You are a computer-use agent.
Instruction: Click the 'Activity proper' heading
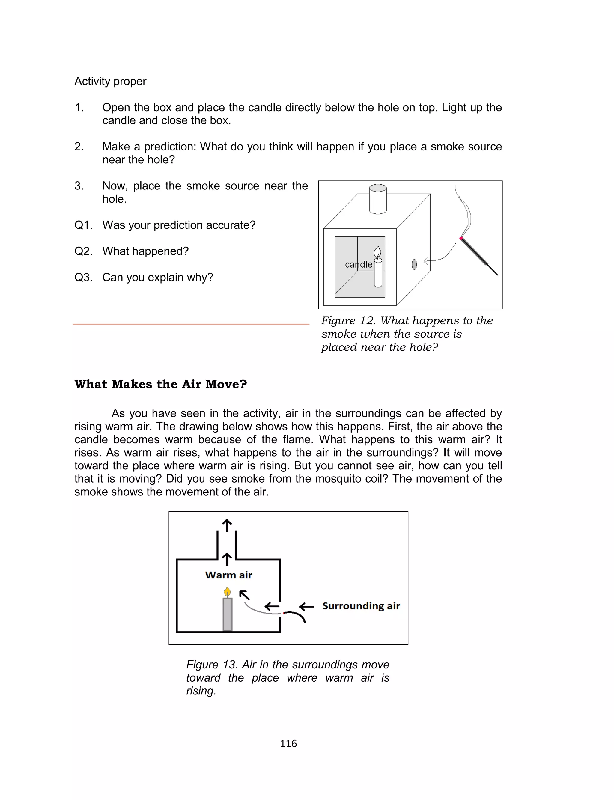point(110,81)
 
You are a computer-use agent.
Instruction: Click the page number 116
point(288,743)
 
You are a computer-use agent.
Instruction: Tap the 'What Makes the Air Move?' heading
point(160,384)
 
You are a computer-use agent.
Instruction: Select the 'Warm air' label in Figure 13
point(229,575)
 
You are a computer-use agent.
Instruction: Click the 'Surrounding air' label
point(361,606)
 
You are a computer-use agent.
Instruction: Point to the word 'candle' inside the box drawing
point(359,264)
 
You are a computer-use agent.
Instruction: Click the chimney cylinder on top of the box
point(378,199)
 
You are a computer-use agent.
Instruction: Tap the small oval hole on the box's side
point(414,264)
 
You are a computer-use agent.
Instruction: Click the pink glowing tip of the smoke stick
point(461,238)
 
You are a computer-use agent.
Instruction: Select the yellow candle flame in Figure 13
point(227,591)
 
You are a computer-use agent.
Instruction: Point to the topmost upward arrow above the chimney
point(227,526)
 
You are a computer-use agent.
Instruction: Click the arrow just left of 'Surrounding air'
point(306,607)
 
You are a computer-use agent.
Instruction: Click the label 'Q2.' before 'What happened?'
point(83,251)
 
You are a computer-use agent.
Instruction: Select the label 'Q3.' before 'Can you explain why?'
point(83,277)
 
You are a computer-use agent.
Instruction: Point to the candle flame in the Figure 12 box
point(377,252)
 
